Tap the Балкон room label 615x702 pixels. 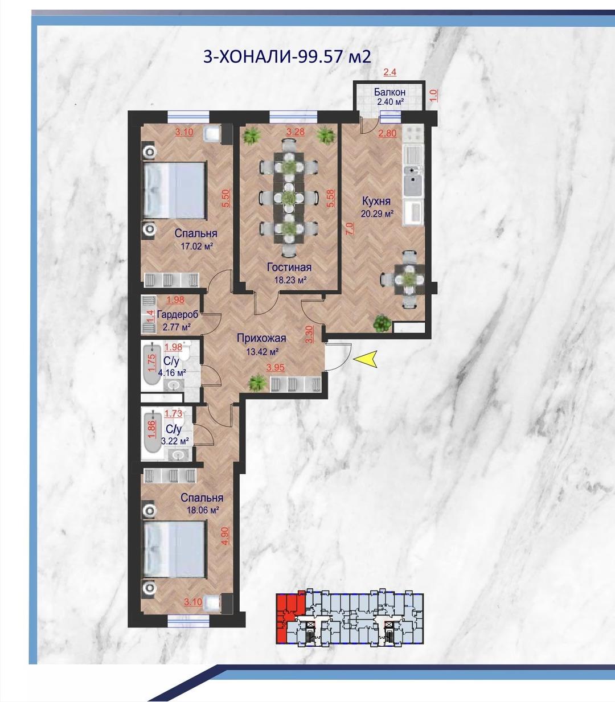pos(389,92)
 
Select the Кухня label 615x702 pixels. pos(376,201)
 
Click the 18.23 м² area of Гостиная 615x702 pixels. pos(290,280)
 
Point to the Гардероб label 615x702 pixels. pos(178,314)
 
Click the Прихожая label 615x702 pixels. pos(261,338)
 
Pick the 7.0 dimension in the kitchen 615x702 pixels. pos(350,228)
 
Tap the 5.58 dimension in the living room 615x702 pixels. pos(331,199)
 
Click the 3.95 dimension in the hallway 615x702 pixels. pos(276,367)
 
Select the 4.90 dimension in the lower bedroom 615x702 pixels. pos(225,536)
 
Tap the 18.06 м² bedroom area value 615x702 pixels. pos(203,510)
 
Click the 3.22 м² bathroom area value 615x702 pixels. pos(175,441)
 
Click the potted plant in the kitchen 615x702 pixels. pos(382,323)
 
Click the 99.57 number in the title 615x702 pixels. pos(321,56)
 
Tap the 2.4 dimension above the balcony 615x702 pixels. pos(390,72)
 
